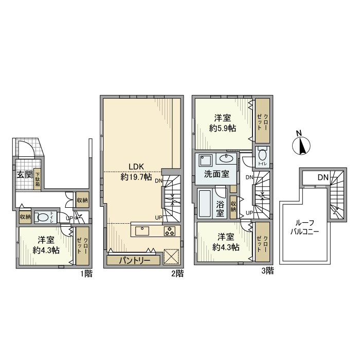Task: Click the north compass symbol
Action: (301, 146)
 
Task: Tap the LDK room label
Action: (136, 167)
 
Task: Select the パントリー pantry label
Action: (135, 261)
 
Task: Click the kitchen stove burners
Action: (170, 231)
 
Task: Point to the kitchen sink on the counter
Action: (142, 230)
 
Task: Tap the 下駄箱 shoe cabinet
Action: (38, 181)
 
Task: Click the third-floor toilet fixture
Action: (262, 155)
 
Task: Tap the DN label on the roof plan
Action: (322, 178)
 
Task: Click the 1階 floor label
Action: (86, 274)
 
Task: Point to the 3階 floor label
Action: (266, 270)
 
